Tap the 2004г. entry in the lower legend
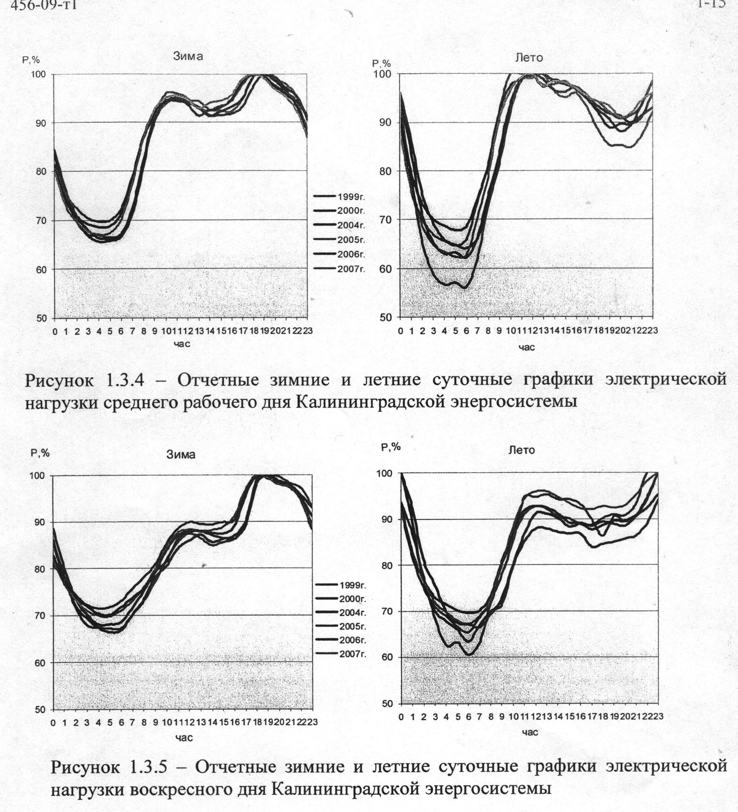point(352,613)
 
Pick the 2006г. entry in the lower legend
point(352,640)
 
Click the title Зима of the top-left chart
point(188,56)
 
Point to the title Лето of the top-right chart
point(529,58)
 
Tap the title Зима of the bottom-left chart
point(181,455)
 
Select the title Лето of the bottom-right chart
point(522,450)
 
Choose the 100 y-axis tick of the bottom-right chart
point(385,473)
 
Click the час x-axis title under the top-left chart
point(182,344)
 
